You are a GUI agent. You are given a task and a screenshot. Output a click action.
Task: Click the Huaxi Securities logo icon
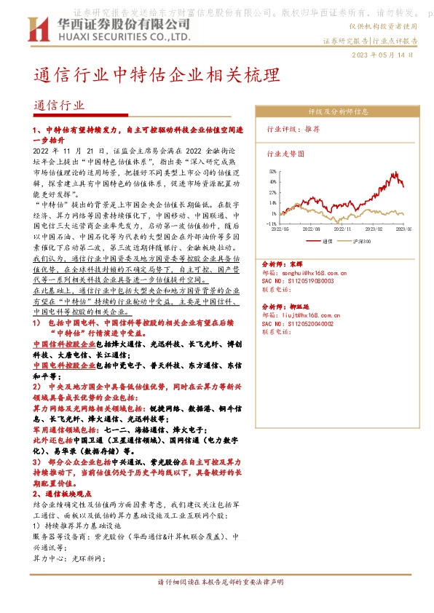tap(37, 28)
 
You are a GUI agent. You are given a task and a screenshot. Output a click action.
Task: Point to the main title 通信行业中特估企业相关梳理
tap(156, 76)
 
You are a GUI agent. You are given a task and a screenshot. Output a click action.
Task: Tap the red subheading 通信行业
tap(60, 105)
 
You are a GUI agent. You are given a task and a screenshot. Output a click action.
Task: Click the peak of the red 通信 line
tap(395, 173)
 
